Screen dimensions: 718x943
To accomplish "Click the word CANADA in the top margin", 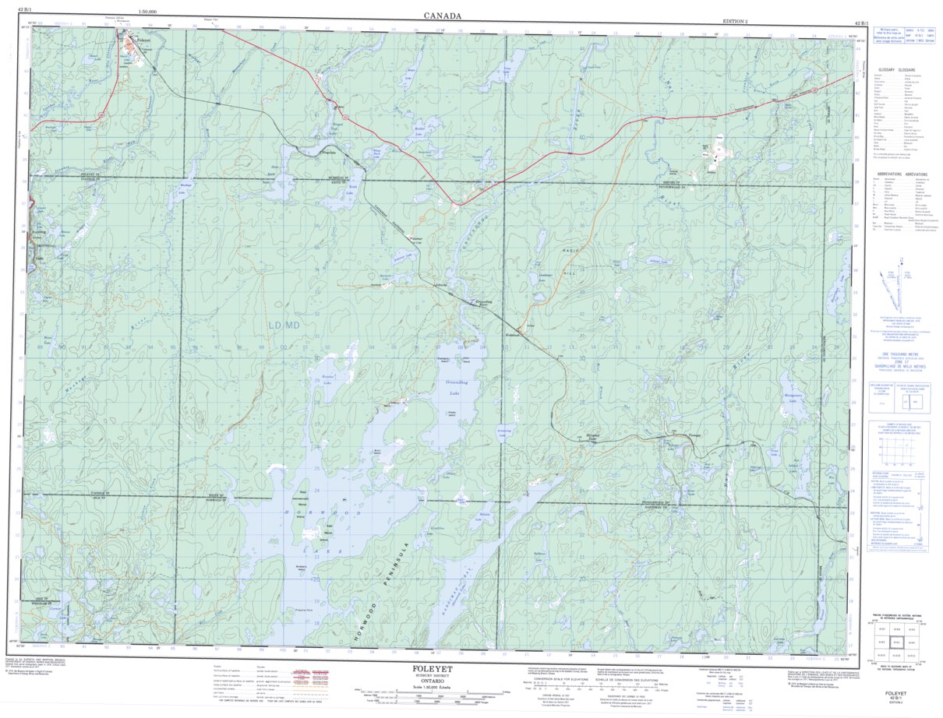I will tap(443, 16).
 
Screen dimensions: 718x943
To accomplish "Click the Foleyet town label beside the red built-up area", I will tap(141, 39).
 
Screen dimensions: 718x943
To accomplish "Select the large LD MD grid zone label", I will tap(284, 325).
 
